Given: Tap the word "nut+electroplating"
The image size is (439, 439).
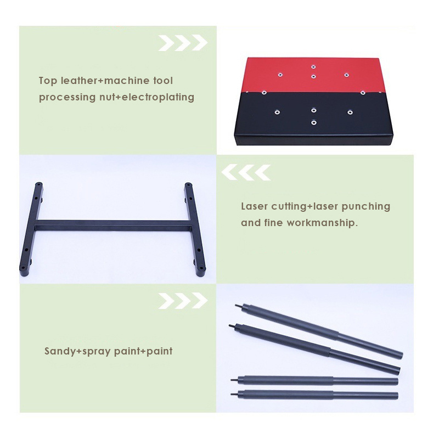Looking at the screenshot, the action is [147, 97].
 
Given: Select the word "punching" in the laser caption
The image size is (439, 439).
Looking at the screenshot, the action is [366, 207].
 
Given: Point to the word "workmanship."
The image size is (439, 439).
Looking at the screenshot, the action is [322, 223].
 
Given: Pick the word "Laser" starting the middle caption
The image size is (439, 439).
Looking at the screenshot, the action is [254, 206].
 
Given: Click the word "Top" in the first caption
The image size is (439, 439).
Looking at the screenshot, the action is [48, 81].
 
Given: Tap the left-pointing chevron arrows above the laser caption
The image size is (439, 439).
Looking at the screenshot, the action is [246, 172].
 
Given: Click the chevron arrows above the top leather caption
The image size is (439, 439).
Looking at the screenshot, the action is [183, 43].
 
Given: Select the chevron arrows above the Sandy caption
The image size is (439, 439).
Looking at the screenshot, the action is [183, 301].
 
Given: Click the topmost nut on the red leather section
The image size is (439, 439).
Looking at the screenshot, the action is [313, 67].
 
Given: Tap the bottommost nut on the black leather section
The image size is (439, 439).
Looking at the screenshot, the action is [314, 122].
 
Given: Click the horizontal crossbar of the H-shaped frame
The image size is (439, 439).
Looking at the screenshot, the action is [113, 225].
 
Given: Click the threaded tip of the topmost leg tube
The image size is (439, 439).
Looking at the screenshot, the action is [238, 306].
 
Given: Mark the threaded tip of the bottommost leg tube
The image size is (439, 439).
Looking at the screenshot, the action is [234, 395].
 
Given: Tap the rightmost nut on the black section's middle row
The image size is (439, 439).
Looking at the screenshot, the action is [350, 112].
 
